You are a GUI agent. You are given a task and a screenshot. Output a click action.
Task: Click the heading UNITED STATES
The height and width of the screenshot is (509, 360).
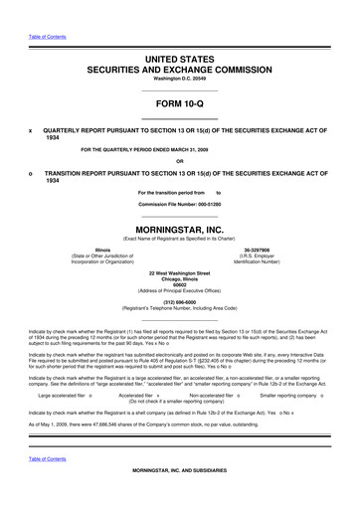coord(180,61)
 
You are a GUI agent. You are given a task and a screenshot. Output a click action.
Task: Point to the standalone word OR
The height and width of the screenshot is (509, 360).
coord(179,161)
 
